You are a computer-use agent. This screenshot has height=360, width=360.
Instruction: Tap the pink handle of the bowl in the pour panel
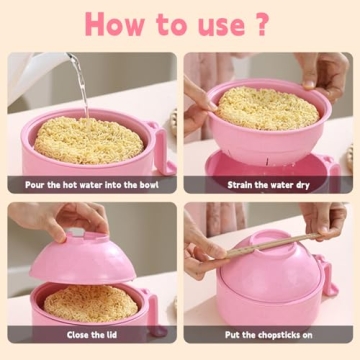(x=160, y=146)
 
